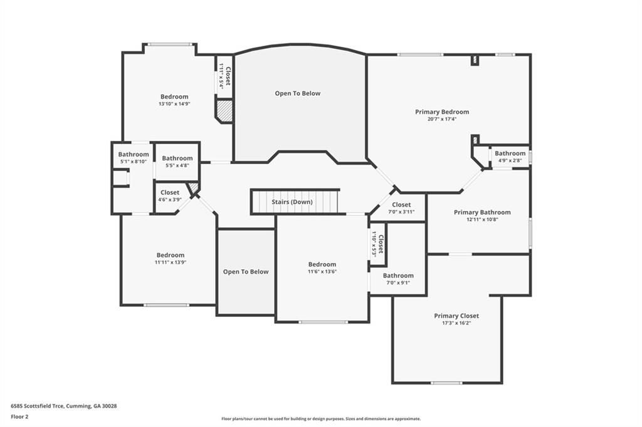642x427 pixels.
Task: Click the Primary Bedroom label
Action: point(442,111)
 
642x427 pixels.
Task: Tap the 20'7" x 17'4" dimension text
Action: point(442,120)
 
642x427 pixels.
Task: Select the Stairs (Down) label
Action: point(292,202)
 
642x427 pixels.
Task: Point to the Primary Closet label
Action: point(456,316)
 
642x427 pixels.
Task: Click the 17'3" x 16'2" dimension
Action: point(456,323)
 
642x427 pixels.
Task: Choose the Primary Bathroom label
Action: point(482,212)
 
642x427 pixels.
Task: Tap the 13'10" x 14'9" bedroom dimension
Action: point(174,104)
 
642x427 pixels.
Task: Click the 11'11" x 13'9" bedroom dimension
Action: point(171,262)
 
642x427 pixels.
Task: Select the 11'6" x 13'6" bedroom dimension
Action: point(322,272)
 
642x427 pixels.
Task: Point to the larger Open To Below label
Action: point(298,94)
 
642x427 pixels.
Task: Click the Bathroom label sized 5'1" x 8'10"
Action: point(134,154)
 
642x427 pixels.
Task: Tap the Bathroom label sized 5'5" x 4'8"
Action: point(177,158)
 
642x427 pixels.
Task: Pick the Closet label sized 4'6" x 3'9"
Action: point(169,192)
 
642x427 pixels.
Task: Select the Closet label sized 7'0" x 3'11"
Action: point(401,205)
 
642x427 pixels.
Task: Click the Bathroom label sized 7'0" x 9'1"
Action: point(398,275)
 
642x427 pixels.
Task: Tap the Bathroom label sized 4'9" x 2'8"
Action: point(510,153)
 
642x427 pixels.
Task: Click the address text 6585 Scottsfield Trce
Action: point(37,406)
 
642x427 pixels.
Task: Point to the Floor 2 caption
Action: point(19,417)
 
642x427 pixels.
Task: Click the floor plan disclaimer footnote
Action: point(320,419)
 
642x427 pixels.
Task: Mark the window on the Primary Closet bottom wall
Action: point(446,383)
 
